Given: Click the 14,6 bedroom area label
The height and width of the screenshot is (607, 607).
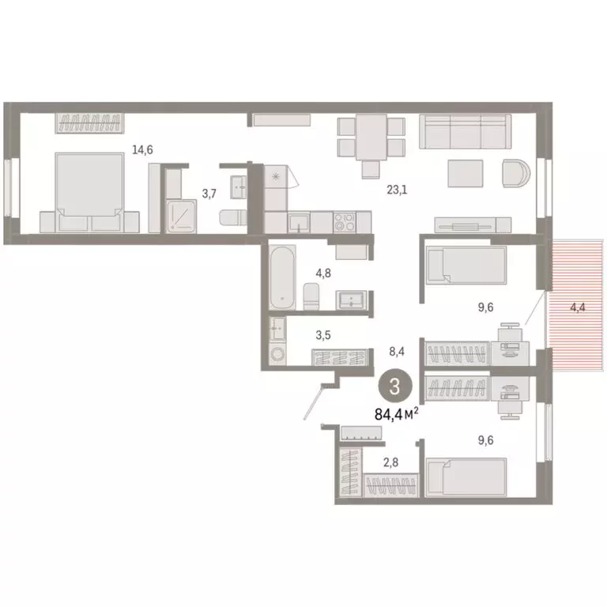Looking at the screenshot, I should [x=143, y=149].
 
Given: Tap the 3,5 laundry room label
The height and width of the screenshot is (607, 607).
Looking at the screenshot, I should [x=324, y=335].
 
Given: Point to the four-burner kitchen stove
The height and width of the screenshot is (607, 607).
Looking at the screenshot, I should [x=345, y=221].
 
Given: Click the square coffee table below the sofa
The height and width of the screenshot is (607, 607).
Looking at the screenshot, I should [x=465, y=173].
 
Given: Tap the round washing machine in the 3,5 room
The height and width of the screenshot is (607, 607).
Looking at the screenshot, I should [x=277, y=355].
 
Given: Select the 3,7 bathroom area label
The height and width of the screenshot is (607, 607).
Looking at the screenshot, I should [x=208, y=192].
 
